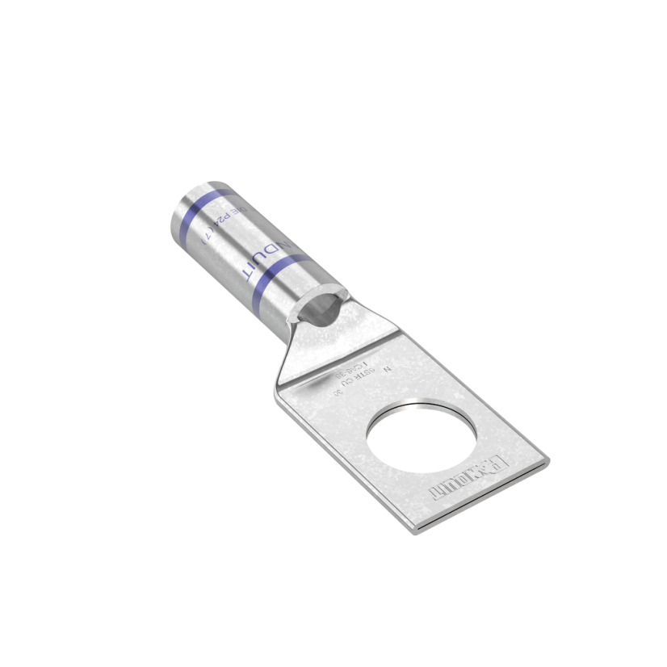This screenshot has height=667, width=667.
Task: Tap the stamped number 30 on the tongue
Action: click(337, 391)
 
